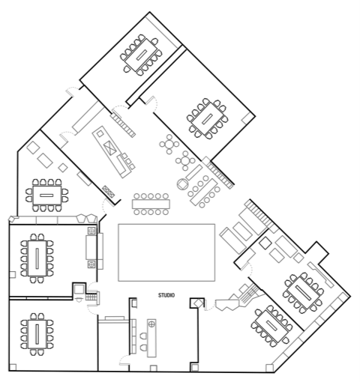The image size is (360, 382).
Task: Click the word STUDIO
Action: [166, 295]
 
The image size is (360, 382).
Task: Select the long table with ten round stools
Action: [151, 204]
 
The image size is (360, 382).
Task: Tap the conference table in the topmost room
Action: [141, 55]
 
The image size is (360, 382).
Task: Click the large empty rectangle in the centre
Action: [166, 252]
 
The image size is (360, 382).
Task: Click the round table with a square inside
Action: [183, 184]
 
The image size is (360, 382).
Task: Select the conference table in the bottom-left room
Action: [37, 334]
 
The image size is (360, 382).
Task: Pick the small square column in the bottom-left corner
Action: [13, 367]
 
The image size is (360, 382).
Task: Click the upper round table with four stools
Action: [169, 145]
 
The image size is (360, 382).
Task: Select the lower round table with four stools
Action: [185, 161]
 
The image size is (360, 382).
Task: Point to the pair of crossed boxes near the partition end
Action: [109, 191]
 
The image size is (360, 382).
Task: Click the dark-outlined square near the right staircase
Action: [265, 243]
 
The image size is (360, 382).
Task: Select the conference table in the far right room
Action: [304, 293]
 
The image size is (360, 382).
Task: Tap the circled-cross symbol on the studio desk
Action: [151, 324]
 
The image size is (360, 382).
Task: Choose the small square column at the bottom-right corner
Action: [269, 368]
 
